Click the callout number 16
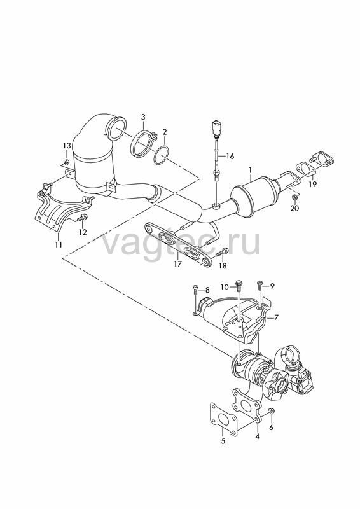[x=230, y=157]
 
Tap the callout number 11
[x=58, y=244]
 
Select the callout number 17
[x=177, y=264]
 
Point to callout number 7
[x=276, y=317]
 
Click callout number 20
[x=294, y=208]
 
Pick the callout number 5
[x=223, y=442]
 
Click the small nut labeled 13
[x=66, y=162]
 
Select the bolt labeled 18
[x=223, y=252]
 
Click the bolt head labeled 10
[x=239, y=283]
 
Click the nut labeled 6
[x=272, y=410]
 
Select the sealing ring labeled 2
[x=161, y=155]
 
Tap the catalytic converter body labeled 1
[x=255, y=193]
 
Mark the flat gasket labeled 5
[x=223, y=419]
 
